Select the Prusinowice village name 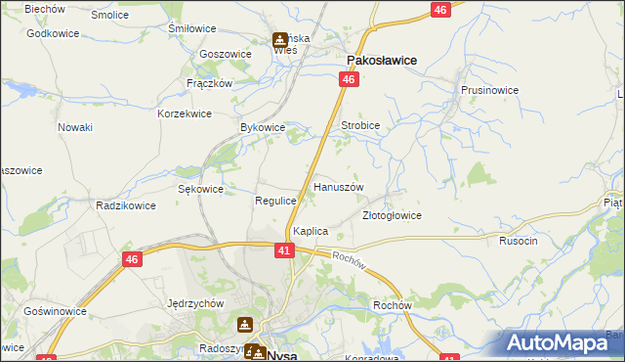(x=489, y=90)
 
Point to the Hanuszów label (x=338, y=186)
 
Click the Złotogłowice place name (x=392, y=215)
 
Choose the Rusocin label (x=519, y=241)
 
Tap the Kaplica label (x=311, y=231)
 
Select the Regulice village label (x=275, y=200)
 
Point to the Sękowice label (x=201, y=189)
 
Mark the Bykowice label (x=263, y=128)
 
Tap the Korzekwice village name (x=185, y=113)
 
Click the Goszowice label (x=225, y=54)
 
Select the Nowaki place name (x=75, y=127)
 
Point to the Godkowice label (x=53, y=33)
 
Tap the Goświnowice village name (x=56, y=311)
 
